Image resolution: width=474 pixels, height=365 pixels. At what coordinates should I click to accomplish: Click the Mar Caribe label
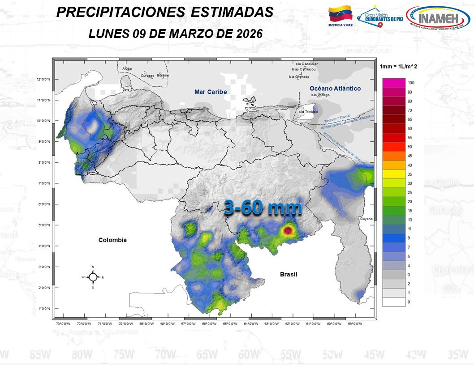pyautogui.click(x=211, y=92)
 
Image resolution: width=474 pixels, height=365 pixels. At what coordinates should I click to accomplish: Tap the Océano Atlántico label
pyautogui.click(x=335, y=89)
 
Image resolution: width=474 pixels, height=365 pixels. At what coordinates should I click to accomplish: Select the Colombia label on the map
pyautogui.click(x=112, y=240)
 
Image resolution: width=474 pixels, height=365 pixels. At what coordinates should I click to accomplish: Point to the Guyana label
pyautogui.click(x=366, y=219)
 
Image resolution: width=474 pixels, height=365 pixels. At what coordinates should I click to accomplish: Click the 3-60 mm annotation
pyautogui.click(x=263, y=208)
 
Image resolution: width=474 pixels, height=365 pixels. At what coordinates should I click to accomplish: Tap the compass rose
pyautogui.click(x=93, y=277)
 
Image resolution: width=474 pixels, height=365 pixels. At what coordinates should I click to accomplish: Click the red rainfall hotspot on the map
pyautogui.click(x=288, y=230)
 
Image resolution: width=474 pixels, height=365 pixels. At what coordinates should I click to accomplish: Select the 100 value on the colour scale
pyautogui.click(x=411, y=83)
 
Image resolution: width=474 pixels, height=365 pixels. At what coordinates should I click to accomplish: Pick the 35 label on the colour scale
pyautogui.click(x=409, y=174)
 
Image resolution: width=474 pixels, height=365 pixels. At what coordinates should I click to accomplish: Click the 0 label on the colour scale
pyautogui.click(x=408, y=302)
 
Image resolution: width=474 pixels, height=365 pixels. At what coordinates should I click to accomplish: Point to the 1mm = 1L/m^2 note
pyautogui.click(x=398, y=66)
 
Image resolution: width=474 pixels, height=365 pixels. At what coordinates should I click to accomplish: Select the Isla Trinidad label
pyautogui.click(x=308, y=111)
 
